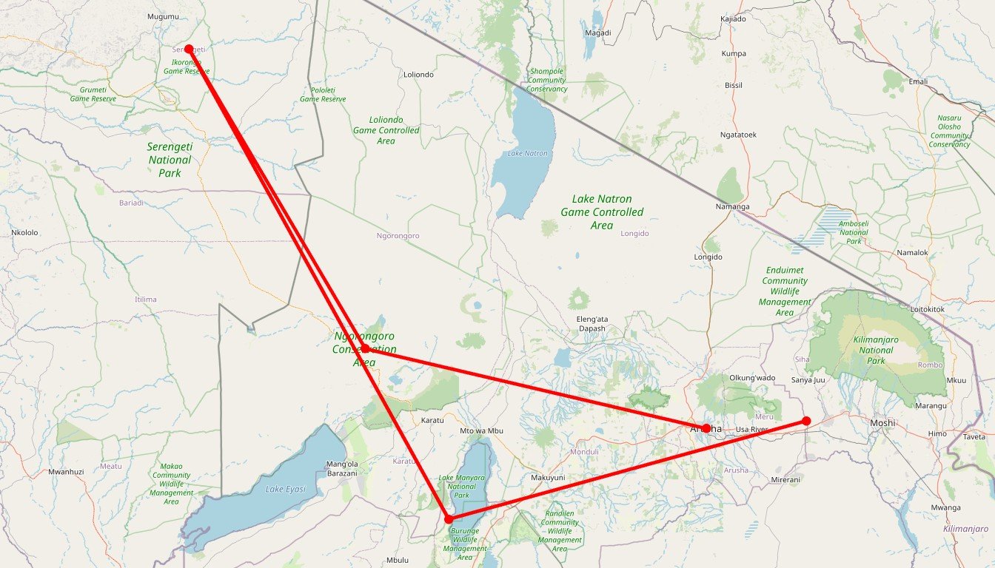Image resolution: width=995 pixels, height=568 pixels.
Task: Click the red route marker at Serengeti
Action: click(x=189, y=49)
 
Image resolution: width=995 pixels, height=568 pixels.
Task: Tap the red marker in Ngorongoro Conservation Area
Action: click(x=365, y=348)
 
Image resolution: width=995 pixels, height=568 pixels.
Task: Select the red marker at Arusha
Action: click(x=706, y=428)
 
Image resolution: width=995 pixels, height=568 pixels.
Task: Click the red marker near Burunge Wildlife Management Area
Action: click(x=448, y=519)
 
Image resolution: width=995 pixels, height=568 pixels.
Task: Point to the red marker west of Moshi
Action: click(x=806, y=421)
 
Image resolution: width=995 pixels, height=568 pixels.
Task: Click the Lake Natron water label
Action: click(x=528, y=153)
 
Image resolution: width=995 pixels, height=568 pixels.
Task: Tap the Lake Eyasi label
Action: click(x=287, y=490)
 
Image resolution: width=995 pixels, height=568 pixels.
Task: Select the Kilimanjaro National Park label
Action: click(x=876, y=350)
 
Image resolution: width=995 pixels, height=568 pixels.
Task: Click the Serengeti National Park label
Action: click(x=170, y=160)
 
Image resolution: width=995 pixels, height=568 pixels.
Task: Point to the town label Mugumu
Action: click(x=164, y=16)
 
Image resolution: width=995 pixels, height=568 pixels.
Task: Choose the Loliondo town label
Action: click(x=418, y=75)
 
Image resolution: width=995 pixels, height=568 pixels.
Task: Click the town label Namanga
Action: click(x=733, y=206)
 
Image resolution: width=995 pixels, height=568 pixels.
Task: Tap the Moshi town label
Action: click(x=882, y=423)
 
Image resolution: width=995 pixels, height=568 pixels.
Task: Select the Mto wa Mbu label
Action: click(x=481, y=431)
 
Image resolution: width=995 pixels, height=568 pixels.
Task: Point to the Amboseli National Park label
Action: click(x=854, y=232)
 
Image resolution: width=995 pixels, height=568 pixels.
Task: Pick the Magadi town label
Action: click(x=597, y=33)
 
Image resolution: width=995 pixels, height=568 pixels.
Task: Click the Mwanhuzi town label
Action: click(x=66, y=471)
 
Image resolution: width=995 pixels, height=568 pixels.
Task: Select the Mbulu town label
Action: click(x=398, y=560)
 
